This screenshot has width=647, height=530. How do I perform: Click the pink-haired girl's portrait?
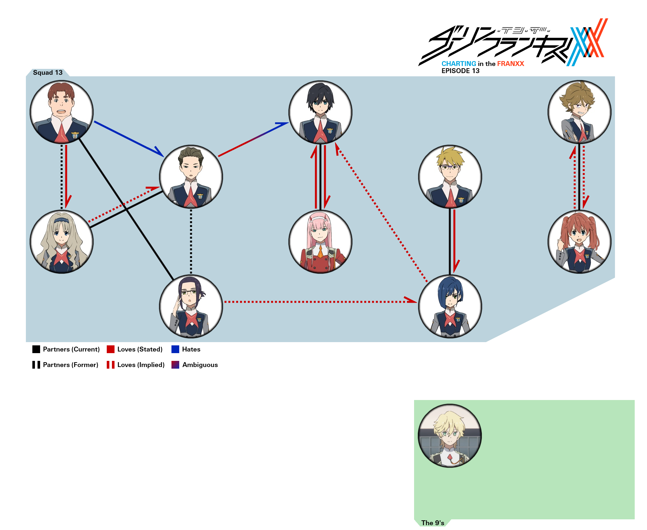(320, 242)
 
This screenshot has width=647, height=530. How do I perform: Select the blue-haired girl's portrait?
(450, 307)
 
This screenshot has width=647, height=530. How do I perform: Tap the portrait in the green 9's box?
(450, 436)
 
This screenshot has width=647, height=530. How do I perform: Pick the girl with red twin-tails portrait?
(579, 242)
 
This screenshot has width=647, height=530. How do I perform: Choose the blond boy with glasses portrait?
(450, 177)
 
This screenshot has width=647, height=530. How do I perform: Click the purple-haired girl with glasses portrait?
(191, 307)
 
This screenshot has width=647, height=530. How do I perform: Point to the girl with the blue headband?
(61, 242)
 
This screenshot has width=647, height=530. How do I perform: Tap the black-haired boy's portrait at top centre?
(320, 112)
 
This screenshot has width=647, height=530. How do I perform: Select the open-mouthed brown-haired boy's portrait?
(61, 112)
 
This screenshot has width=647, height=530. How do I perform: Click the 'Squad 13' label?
(48, 72)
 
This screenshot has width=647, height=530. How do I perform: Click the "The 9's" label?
(433, 523)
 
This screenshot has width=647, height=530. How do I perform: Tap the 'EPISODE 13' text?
(460, 71)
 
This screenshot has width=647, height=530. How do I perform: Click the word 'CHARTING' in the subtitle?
(459, 64)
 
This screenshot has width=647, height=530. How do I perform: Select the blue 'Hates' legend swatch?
(175, 349)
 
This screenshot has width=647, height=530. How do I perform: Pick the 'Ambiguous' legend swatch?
(175, 365)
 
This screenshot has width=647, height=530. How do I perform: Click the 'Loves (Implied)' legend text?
(141, 365)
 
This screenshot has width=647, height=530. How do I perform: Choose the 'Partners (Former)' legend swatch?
(36, 365)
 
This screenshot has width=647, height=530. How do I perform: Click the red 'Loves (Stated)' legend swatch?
(111, 349)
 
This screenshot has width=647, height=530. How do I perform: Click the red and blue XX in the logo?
(587, 42)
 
